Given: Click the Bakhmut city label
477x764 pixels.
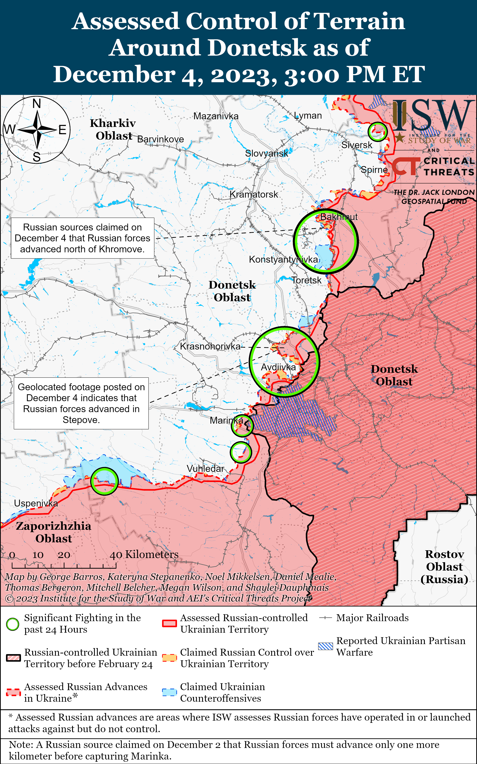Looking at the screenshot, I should pyautogui.click(x=339, y=217).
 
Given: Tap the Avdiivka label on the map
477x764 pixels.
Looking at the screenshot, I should pyautogui.click(x=278, y=367).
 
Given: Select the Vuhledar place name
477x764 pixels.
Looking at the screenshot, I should pyautogui.click(x=205, y=469).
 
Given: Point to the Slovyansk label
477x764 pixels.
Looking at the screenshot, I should pyautogui.click(x=267, y=153).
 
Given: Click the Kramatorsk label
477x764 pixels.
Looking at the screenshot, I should pyautogui.click(x=254, y=194).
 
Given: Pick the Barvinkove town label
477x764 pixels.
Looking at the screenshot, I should pyautogui.click(x=160, y=139).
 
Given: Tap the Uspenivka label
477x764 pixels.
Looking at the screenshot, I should pyautogui.click(x=36, y=503).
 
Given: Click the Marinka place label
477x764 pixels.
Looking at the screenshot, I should pyautogui.click(x=226, y=420).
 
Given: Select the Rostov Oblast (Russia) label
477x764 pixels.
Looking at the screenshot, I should pyautogui.click(x=444, y=567).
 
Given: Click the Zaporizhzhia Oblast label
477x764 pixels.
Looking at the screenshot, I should pyautogui.click(x=54, y=532).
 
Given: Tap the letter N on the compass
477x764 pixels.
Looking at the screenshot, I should pyautogui.click(x=37, y=103).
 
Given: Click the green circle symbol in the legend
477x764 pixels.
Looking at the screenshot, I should pyautogui.click(x=13, y=624).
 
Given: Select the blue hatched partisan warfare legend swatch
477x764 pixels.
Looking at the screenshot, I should pyautogui.click(x=325, y=646).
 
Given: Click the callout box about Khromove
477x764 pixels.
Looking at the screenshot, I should pyautogui.click(x=82, y=238).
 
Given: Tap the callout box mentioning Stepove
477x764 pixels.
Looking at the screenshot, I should pyautogui.click(x=81, y=403).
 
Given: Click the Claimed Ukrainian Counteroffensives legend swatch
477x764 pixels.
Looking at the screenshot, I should pyautogui.click(x=169, y=692).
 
